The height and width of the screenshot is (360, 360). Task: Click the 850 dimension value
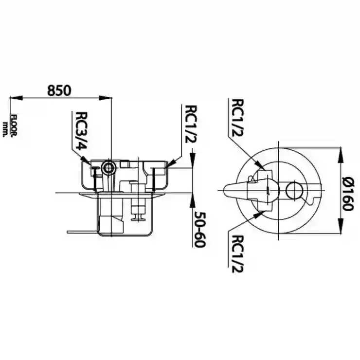(x=59, y=90)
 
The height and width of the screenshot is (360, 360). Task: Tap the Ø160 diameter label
(x=347, y=192)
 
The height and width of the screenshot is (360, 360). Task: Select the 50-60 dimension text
(x=199, y=230)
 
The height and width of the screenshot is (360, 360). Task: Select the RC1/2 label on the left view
(x=191, y=124)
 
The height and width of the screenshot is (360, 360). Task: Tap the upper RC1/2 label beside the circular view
(x=237, y=118)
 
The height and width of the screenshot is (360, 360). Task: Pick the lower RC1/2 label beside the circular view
(x=237, y=254)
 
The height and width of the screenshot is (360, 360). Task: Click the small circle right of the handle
(x=294, y=190)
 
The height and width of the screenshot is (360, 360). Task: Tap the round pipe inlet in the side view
(x=108, y=168)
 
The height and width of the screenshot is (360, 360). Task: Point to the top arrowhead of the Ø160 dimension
(x=341, y=154)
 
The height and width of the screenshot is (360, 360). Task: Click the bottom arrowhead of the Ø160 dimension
(x=341, y=226)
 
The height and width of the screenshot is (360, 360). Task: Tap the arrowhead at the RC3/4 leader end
(x=87, y=161)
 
